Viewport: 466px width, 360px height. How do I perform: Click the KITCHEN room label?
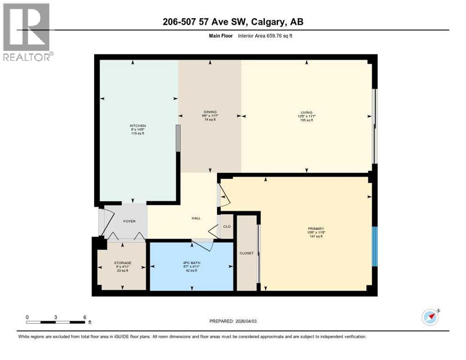pyautogui.click(x=138, y=126)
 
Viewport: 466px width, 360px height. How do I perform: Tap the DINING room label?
pyautogui.click(x=210, y=112)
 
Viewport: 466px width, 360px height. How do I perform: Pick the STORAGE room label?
pyautogui.click(x=122, y=262)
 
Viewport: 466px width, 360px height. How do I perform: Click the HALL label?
pyautogui.click(x=196, y=218)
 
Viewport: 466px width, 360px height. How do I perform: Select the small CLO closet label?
pyautogui.click(x=227, y=226)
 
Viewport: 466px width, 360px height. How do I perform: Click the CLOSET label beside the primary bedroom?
pyautogui.click(x=246, y=253)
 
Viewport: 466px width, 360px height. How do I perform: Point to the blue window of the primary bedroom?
pyautogui.click(x=375, y=247)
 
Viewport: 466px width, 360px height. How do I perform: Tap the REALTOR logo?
pyautogui.click(x=27, y=32)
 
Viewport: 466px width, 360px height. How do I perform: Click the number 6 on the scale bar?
pyautogui.click(x=84, y=317)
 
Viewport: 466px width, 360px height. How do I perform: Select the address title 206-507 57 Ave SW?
pyautogui.click(x=233, y=22)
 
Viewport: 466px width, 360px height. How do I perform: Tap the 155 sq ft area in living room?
pyautogui.click(x=306, y=120)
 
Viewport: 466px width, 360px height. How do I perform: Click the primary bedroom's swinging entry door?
pyautogui.click(x=224, y=197)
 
